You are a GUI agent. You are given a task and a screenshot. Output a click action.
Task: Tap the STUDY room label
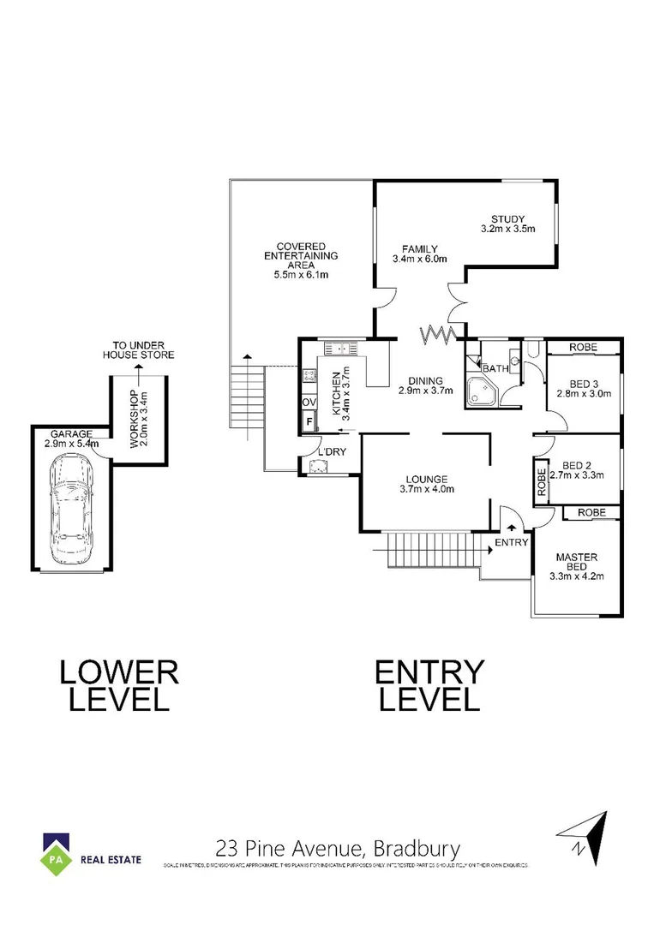[507, 218]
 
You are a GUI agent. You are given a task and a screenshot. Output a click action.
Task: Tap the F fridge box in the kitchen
[308, 421]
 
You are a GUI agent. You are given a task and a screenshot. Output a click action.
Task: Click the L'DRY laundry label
[330, 452]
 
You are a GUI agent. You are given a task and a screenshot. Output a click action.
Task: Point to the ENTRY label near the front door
[512, 543]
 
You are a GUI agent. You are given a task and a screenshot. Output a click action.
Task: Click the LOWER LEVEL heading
[119, 685]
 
